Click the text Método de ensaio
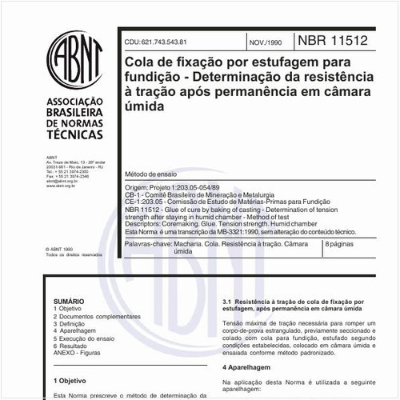click(x=153, y=174)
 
